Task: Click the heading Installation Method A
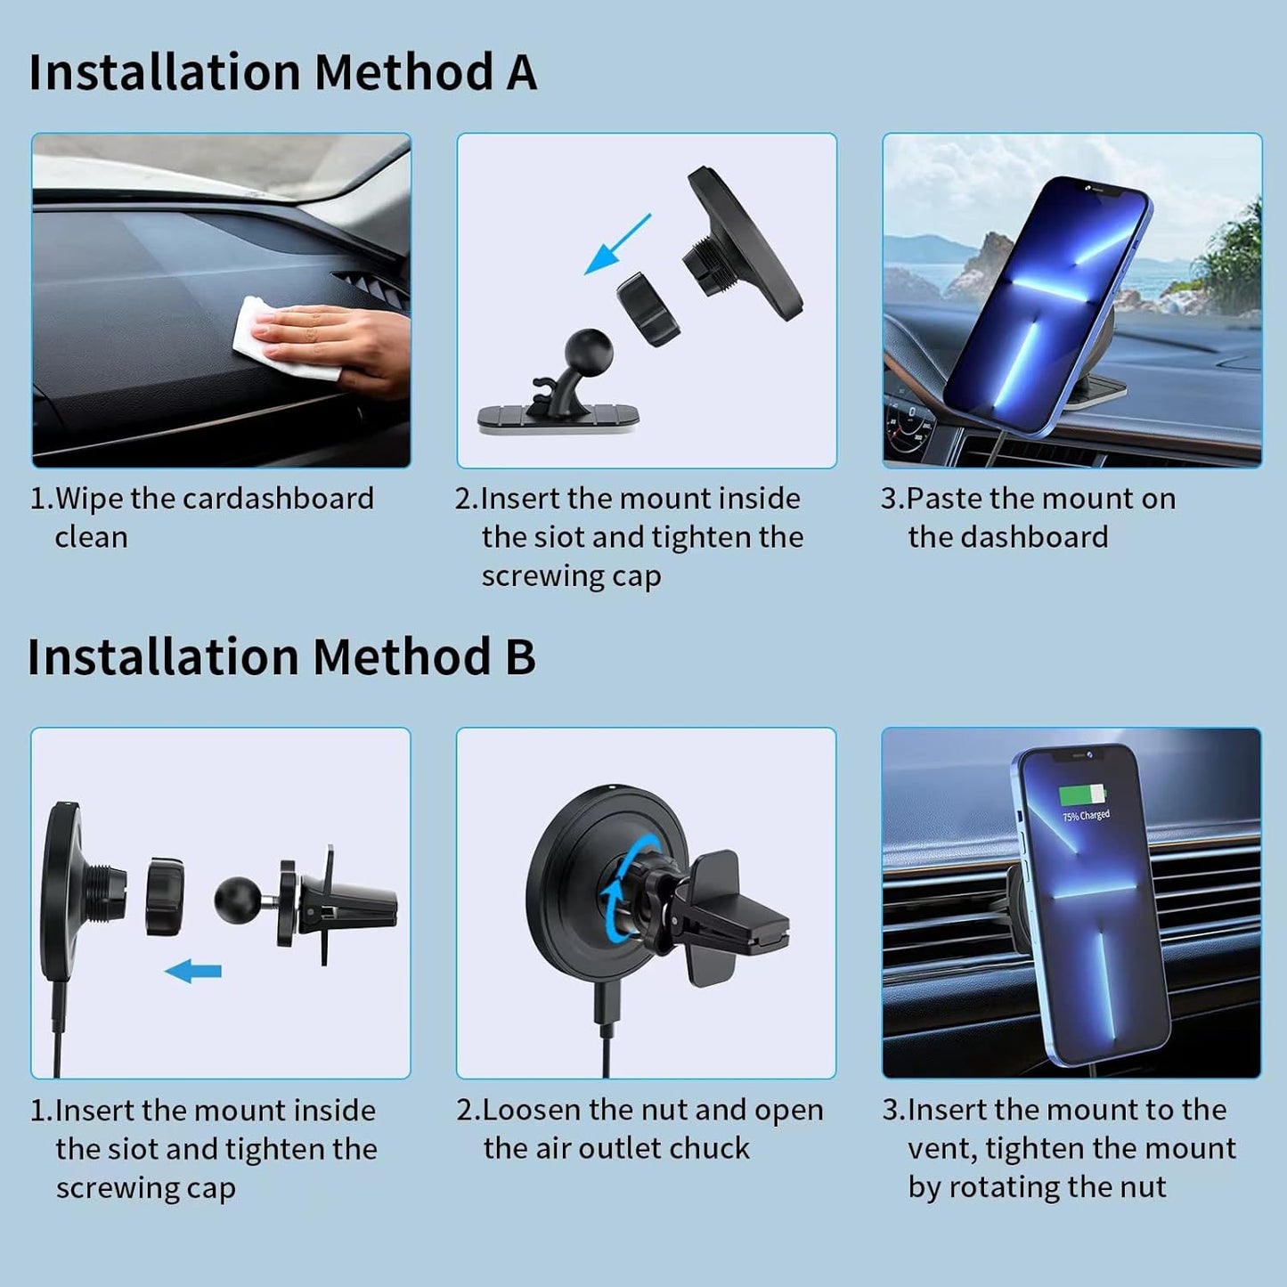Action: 282,72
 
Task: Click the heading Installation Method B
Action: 281,657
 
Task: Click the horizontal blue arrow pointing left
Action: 192,971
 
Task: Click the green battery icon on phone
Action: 1082,794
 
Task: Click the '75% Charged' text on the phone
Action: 1086,815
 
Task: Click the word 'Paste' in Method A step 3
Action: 944,499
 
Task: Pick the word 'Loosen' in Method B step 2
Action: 532,1111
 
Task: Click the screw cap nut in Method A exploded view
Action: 648,309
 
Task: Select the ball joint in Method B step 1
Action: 238,900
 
